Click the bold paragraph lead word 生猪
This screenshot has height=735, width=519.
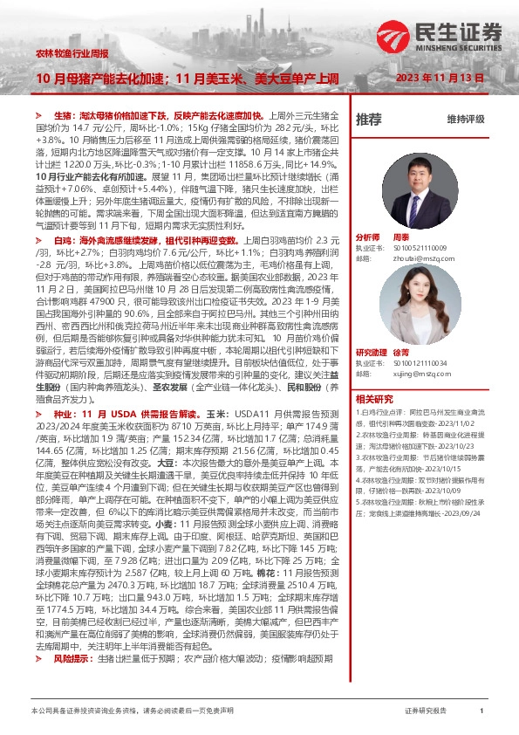63,115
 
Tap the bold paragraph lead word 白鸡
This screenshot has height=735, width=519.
63,239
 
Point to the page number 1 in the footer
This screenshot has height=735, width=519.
482,711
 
